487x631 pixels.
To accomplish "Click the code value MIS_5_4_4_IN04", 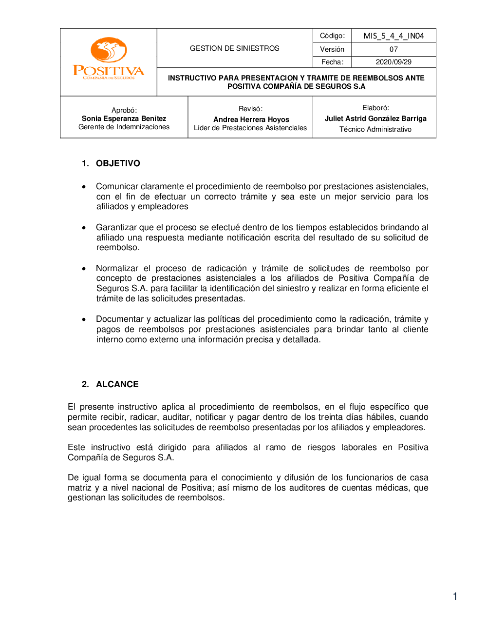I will [393, 36].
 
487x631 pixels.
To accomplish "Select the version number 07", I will [393, 49].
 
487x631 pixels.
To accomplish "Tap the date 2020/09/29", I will [393, 62].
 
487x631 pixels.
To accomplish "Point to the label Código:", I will [332, 36].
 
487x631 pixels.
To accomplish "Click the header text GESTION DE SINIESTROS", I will [234, 48].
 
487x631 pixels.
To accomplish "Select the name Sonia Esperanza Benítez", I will [124, 118].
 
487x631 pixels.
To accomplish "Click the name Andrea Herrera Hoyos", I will [251, 119].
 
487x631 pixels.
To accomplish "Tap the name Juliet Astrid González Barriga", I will [375, 118].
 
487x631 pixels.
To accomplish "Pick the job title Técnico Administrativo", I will [375, 129].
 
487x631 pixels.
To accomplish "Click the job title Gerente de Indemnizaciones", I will [124, 127].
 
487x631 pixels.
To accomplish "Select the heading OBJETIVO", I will [118, 163].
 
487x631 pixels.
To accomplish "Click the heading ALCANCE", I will [117, 384].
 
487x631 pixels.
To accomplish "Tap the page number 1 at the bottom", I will [455, 596].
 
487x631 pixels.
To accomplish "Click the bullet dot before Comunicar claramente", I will [84, 187].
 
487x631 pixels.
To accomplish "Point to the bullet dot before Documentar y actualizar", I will [84, 319].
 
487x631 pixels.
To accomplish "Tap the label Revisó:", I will [250, 109].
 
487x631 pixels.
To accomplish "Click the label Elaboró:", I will [375, 108].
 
